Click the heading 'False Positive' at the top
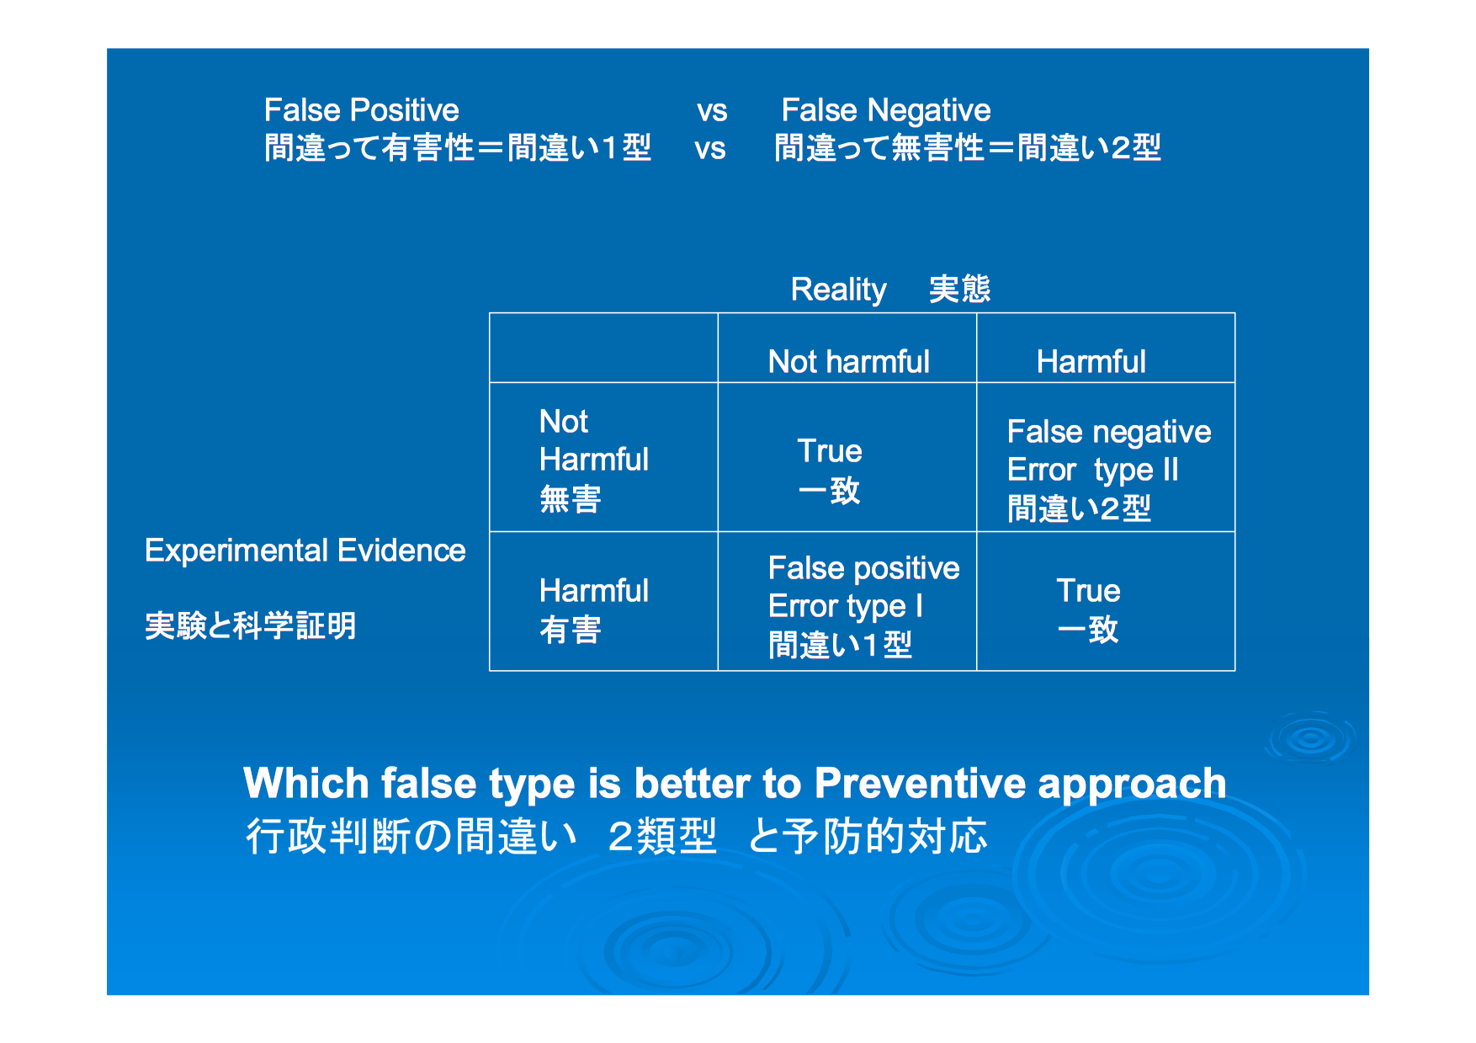click(x=362, y=110)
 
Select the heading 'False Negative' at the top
click(x=886, y=111)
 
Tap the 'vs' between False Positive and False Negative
click(x=712, y=111)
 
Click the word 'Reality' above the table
click(x=838, y=290)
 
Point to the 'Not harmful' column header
click(x=848, y=362)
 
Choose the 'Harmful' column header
click(x=1091, y=362)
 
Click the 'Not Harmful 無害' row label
click(x=594, y=460)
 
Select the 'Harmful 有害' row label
click(x=594, y=610)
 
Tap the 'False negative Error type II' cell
click(x=1109, y=470)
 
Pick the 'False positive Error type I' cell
click(x=863, y=606)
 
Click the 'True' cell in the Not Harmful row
click(x=830, y=471)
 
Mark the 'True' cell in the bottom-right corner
click(x=1088, y=610)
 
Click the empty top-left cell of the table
click(x=603, y=348)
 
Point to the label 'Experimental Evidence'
click(x=305, y=551)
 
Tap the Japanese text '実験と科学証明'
click(x=251, y=626)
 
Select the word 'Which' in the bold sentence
click(x=306, y=784)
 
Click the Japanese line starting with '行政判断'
click(x=616, y=837)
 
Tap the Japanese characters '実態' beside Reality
click(x=960, y=290)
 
